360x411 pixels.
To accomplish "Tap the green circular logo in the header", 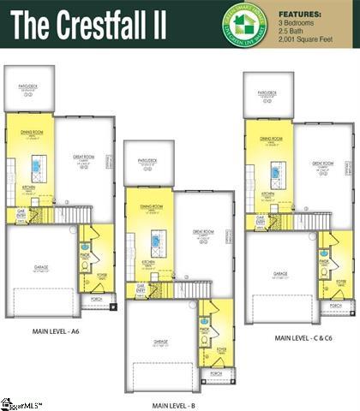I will tap(246, 23).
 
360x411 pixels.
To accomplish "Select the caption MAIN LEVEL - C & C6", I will tap(303, 338).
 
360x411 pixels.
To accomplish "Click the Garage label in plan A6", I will tap(40, 268).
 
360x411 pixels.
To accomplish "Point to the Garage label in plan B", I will tap(160, 341).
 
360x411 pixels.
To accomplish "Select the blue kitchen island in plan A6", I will tap(37, 164).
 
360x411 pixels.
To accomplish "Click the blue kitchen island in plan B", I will tap(157, 237).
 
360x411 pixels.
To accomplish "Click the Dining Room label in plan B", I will tap(152, 207).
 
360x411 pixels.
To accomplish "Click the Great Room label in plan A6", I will tap(83, 157).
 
